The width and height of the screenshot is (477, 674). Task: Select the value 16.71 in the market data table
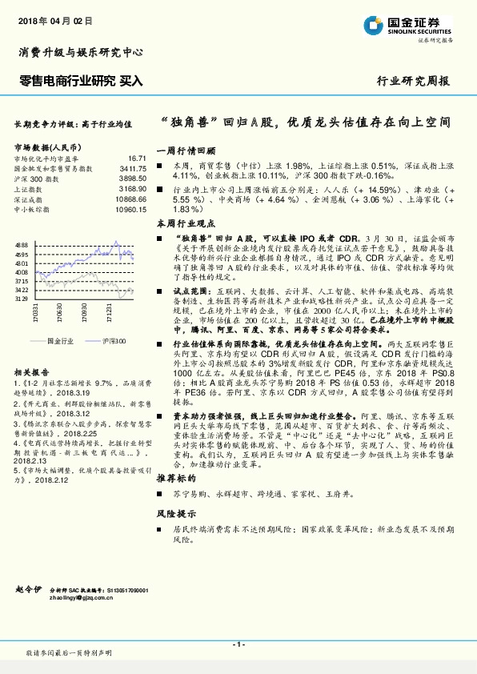pos(138,158)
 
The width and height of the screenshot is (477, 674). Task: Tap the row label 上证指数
pos(30,189)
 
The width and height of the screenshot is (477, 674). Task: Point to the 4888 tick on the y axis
pos(22,244)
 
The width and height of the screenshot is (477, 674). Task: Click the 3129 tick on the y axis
pos(22,298)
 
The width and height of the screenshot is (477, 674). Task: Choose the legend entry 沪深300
pos(113,339)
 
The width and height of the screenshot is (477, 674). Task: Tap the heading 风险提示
pos(175,513)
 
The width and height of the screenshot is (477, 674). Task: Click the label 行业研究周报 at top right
pos(413,81)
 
